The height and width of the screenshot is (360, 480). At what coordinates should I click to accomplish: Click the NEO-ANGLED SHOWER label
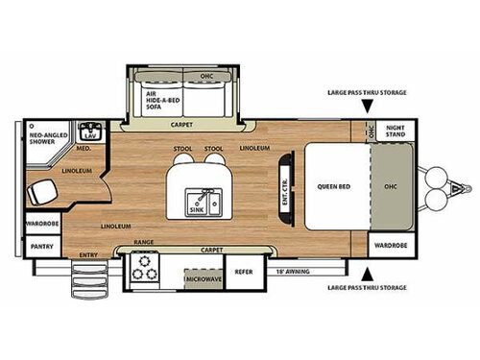(43, 131)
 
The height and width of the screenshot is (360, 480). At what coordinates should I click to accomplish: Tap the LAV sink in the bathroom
(92, 132)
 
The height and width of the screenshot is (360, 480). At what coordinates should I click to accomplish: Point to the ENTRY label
(88, 254)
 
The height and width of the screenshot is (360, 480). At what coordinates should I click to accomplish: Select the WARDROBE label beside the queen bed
(390, 245)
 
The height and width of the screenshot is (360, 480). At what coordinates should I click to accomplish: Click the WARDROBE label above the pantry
(39, 225)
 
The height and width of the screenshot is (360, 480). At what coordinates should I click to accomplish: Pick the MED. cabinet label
(84, 149)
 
